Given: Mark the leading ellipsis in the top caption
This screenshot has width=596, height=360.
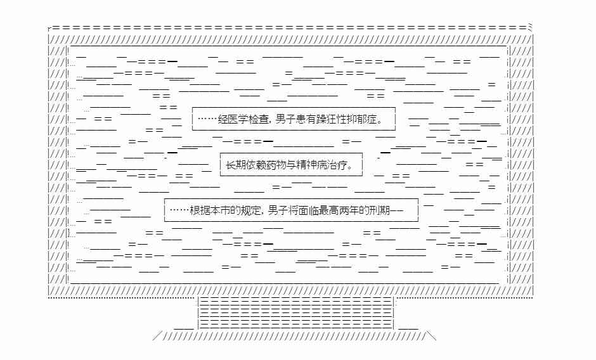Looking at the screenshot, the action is tap(207, 119).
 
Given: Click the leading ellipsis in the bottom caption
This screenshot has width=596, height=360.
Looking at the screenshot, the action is tap(179, 210).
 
